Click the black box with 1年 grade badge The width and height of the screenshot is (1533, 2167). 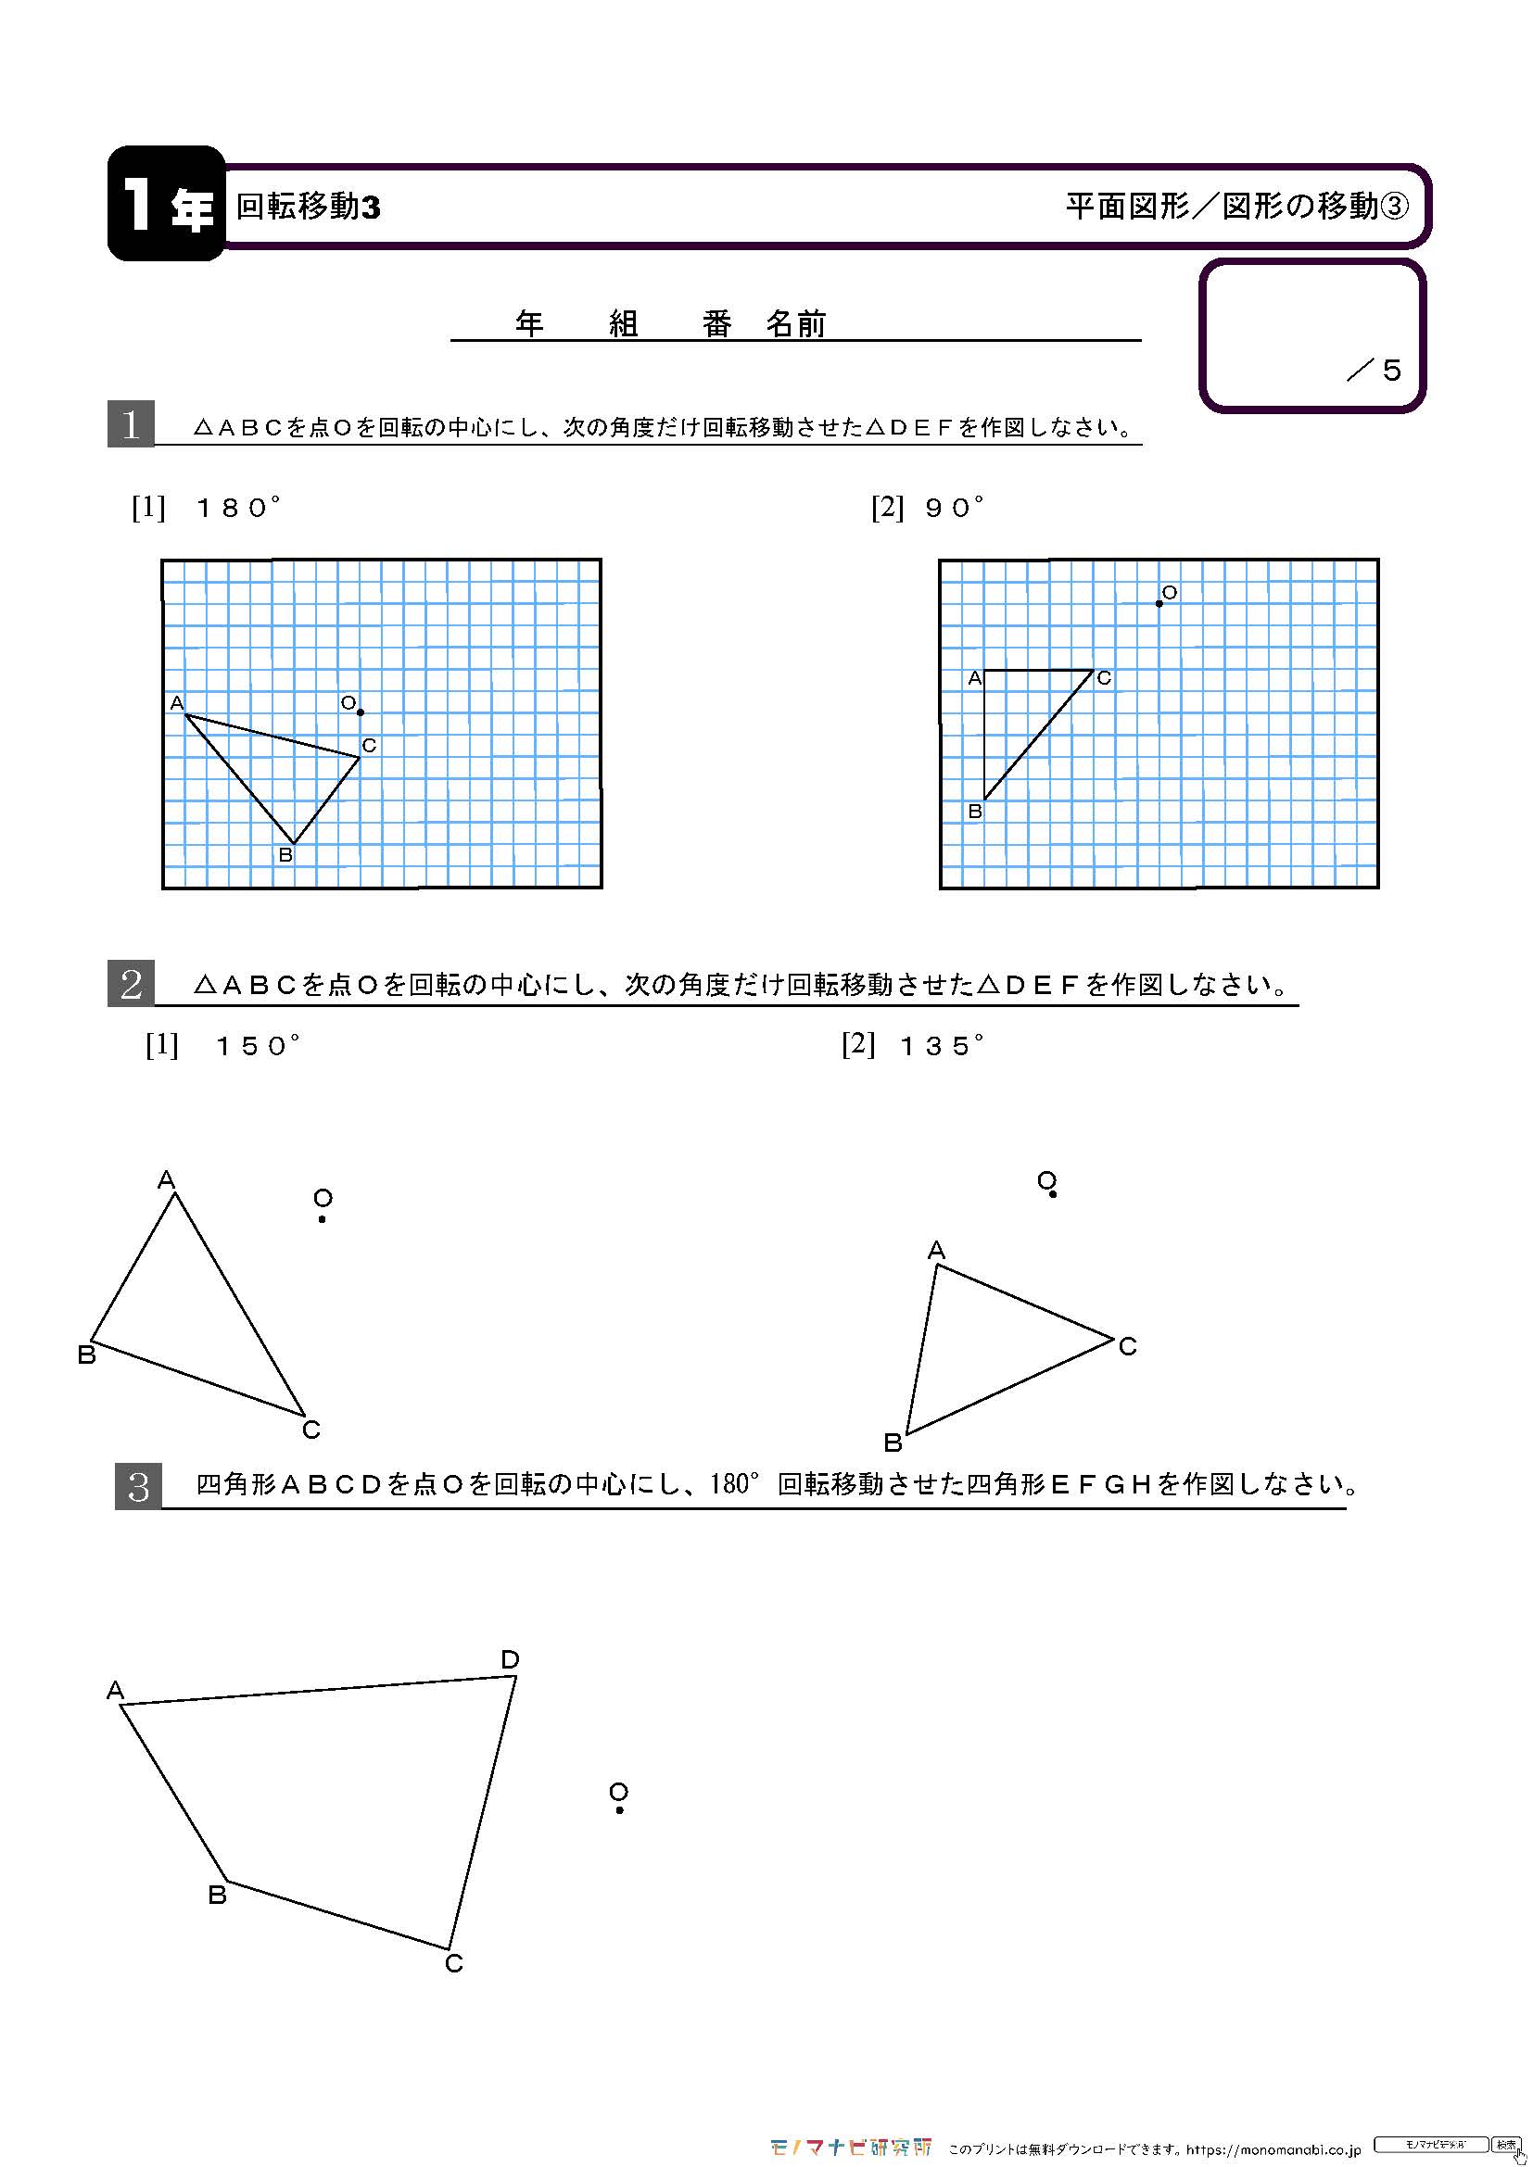166,204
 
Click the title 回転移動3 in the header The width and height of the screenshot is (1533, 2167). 308,206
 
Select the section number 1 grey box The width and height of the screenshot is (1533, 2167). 131,423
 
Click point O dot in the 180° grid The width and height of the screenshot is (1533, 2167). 361,712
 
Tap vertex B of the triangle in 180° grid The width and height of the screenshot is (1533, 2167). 294,843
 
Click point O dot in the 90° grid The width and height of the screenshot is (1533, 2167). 1159,603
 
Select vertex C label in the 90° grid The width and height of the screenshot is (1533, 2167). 1104,677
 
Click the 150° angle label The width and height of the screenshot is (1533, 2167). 257,1046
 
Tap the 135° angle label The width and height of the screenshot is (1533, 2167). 941,1046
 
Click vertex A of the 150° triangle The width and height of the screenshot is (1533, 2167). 174,1194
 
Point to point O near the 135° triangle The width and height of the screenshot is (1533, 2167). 1053,1195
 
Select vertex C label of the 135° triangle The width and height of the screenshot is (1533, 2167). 1127,1347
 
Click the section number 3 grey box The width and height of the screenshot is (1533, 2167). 138,1486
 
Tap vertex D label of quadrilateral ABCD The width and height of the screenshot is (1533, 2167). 510,1659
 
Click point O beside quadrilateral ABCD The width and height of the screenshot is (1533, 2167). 619,1809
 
